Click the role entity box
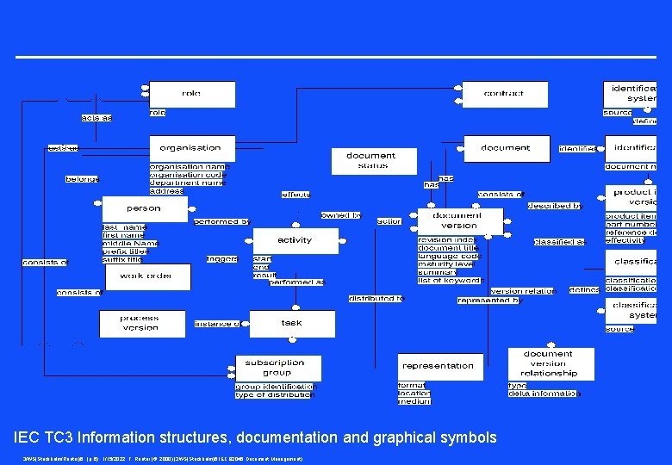(191, 94)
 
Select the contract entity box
(504, 94)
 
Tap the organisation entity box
(191, 148)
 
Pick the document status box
(371, 161)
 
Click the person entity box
(144, 208)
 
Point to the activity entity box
(295, 240)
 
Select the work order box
(147, 276)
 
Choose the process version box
(140, 323)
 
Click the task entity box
(291, 323)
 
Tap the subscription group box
(274, 368)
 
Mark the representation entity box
(439, 366)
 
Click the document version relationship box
(549, 363)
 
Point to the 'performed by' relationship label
(221, 222)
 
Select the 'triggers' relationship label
(222, 259)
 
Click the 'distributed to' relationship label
(376, 299)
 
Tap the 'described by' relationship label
(555, 207)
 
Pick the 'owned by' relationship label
(340, 215)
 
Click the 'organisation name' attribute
(189, 167)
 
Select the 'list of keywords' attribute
(450, 281)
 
